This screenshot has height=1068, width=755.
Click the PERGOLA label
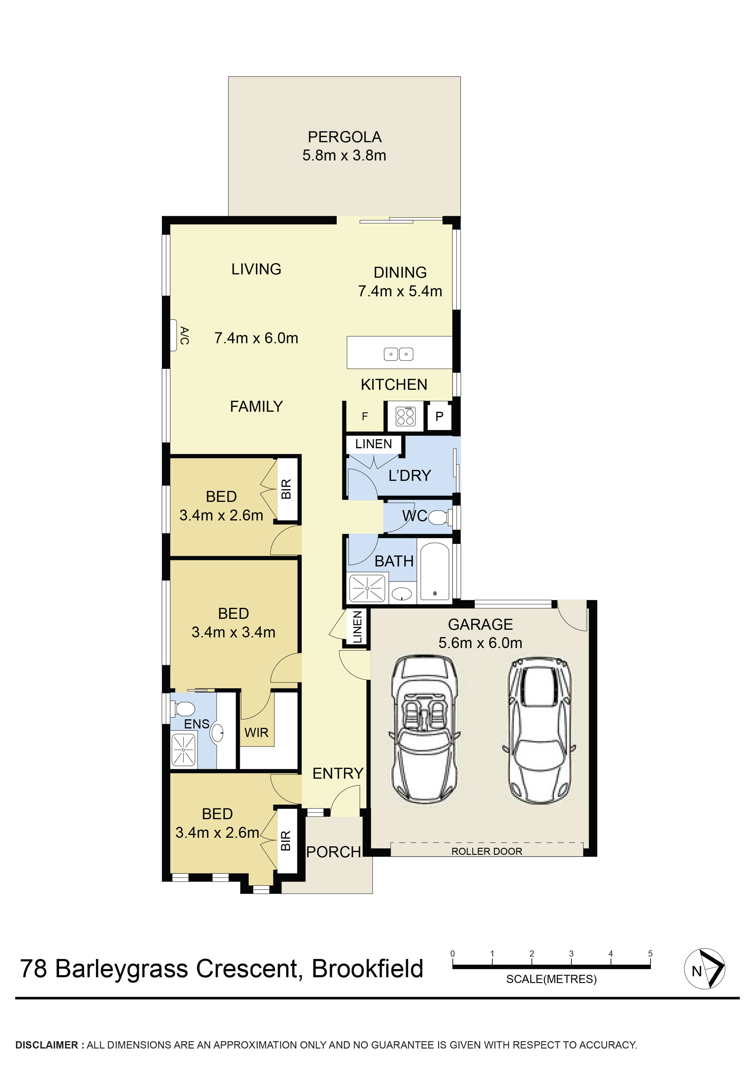[x=345, y=137]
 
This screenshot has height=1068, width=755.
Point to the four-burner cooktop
[x=405, y=416]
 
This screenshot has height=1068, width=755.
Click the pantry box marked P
[x=439, y=416]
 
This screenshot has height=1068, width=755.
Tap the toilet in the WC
[x=439, y=517]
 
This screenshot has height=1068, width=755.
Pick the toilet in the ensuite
[x=183, y=709]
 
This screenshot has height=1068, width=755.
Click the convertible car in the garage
[x=423, y=730]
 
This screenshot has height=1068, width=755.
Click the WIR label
[x=256, y=733]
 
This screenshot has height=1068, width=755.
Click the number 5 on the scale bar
[x=650, y=953]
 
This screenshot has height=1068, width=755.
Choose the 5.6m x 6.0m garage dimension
[x=480, y=643]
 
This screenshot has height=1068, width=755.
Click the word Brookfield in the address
[x=367, y=969]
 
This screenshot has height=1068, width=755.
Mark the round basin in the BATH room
[x=401, y=594]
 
